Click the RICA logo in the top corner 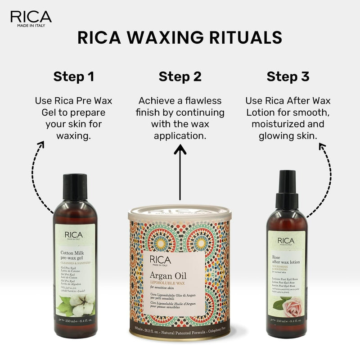(x=31, y=18)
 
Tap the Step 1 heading (x=74, y=76)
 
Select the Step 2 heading (x=180, y=76)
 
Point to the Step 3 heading (x=288, y=76)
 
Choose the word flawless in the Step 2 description (x=205, y=100)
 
